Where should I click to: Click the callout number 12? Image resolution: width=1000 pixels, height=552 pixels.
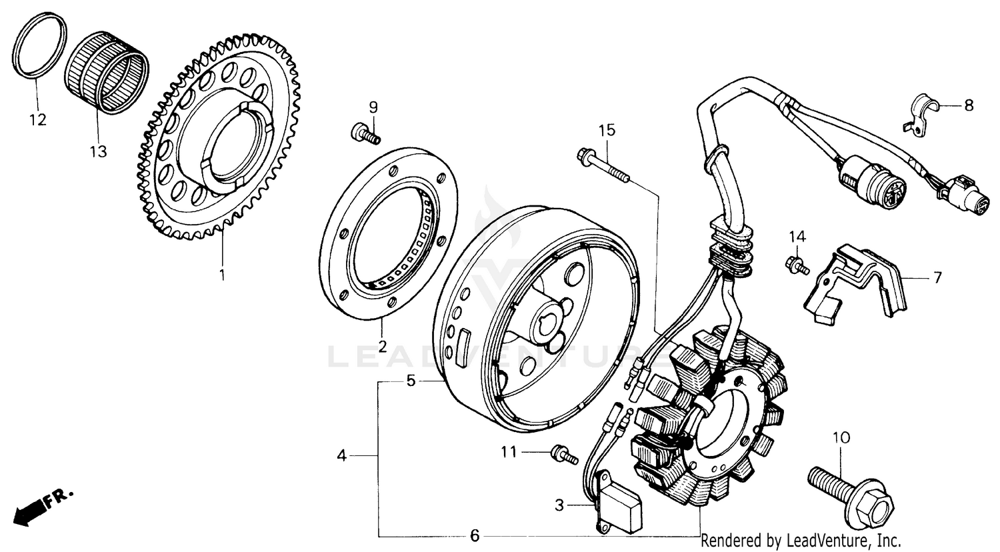(37, 121)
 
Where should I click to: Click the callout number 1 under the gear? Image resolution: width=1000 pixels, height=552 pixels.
(222, 274)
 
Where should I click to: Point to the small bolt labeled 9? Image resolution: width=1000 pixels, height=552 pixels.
(364, 133)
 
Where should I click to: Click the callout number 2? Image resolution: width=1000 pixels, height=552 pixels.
(382, 346)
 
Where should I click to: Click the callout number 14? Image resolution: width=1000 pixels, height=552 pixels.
(798, 237)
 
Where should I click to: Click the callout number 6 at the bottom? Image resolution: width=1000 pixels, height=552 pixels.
(474, 535)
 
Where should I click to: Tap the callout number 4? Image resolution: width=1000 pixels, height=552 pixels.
(341, 456)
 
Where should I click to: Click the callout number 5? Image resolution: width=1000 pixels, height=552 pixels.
(411, 381)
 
